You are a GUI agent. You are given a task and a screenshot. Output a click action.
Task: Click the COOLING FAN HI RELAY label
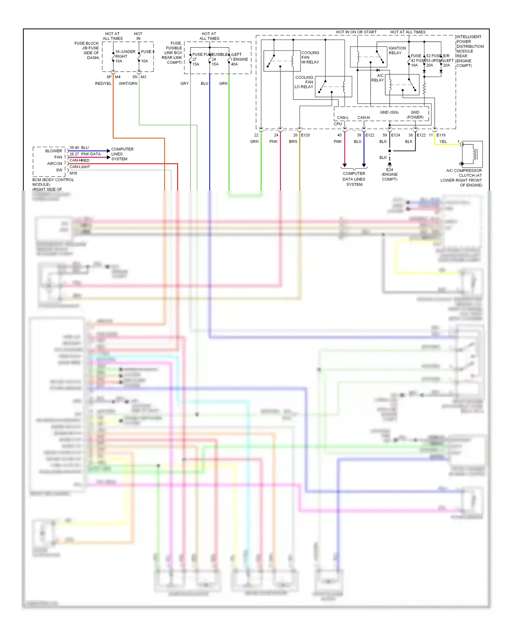tap(310, 57)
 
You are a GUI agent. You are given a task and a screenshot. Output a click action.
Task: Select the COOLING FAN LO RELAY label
tap(304, 82)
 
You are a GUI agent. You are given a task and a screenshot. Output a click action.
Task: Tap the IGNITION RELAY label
tap(397, 50)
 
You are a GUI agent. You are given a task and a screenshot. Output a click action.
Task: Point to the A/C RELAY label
tap(378, 78)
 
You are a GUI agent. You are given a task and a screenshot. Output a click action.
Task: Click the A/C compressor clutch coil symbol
tap(473, 154)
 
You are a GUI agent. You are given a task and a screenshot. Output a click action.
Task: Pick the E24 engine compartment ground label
tap(389, 174)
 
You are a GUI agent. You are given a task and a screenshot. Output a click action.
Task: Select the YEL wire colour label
tap(443, 142)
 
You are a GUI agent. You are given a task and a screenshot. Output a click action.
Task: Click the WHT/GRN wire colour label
tap(128, 84)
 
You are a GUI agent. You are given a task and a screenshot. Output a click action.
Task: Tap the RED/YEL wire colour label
tap(103, 84)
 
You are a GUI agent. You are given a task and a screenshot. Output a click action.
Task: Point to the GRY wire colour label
tap(184, 84)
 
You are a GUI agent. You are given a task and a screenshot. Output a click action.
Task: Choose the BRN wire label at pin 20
tap(293, 142)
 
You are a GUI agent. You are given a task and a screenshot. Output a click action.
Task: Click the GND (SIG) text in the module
tap(389, 112)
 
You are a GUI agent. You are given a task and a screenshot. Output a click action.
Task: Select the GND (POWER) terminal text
tap(415, 115)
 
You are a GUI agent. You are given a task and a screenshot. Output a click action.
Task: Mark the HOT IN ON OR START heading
tap(356, 32)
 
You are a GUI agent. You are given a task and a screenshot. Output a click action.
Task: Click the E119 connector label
tap(441, 135)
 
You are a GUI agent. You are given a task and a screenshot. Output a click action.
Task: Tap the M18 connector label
tap(73, 173)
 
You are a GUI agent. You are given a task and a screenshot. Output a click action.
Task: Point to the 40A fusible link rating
tap(235, 64)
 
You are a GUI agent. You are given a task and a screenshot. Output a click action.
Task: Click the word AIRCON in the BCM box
tap(55, 164)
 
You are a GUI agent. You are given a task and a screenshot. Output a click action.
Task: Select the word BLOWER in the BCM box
tap(54, 151)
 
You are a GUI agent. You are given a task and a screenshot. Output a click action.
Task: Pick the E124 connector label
tap(396, 135)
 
